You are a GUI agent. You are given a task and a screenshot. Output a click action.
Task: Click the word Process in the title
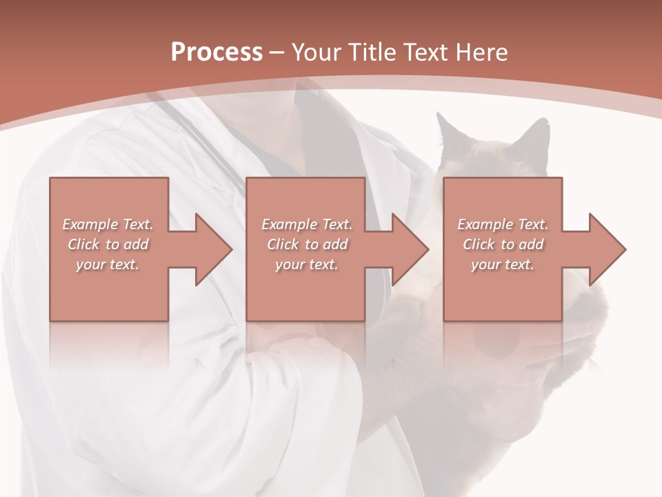coord(217,52)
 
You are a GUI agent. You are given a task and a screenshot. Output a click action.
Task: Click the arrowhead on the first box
coord(211,249)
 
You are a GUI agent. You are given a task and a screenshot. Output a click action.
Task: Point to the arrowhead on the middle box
coord(408,249)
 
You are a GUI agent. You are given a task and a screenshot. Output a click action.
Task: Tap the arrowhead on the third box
coord(605,249)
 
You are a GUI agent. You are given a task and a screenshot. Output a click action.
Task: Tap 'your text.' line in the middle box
coord(306,264)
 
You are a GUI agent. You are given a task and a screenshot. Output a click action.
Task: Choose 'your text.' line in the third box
coord(503,264)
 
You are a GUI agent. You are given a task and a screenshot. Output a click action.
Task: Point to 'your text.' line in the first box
coord(108,264)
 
